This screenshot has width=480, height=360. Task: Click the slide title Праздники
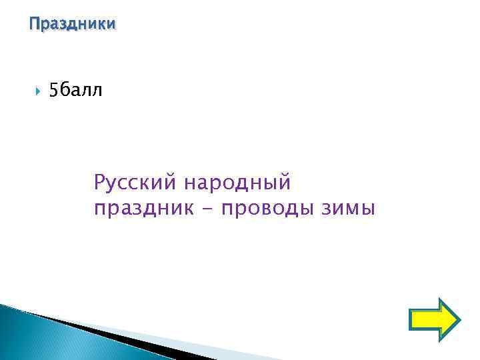(73, 25)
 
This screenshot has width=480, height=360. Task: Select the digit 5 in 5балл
(54, 91)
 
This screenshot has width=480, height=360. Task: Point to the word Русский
(135, 181)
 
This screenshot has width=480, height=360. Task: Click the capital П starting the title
(34, 25)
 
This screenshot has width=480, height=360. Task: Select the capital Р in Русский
(100, 181)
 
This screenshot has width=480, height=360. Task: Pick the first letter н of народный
(191, 181)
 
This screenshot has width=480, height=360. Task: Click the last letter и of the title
(111, 25)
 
